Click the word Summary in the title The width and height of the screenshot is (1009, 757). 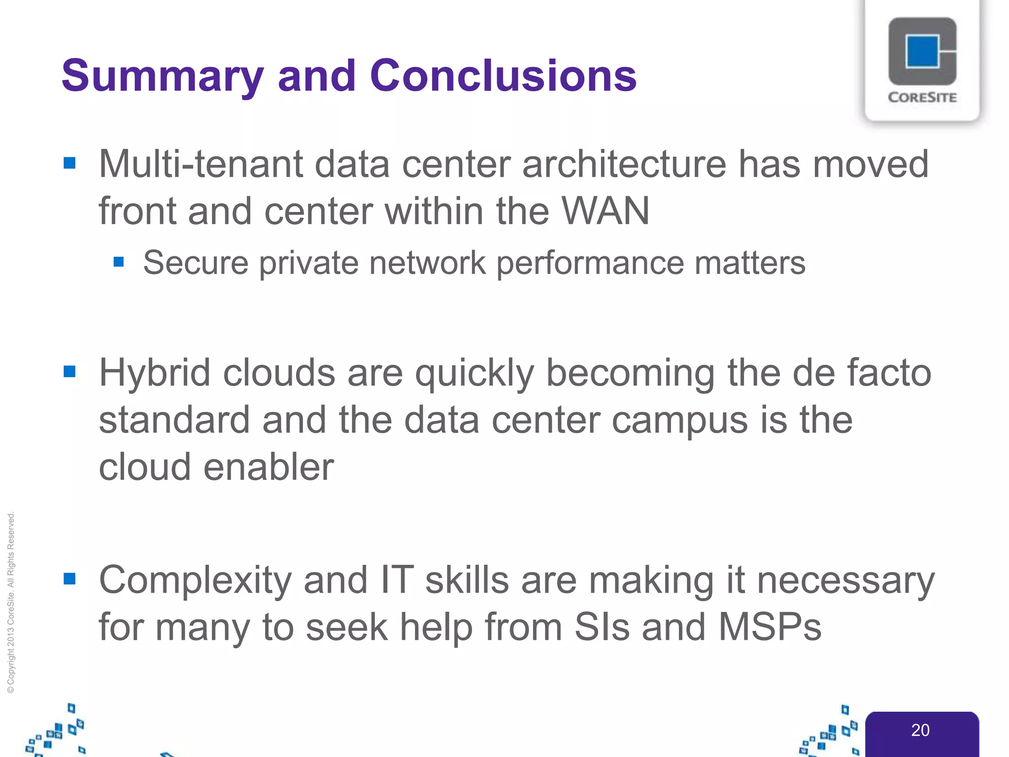[163, 76]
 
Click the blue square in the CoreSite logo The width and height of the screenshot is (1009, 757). [921, 51]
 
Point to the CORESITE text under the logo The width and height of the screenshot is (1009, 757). [922, 98]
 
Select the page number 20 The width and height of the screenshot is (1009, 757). [920, 730]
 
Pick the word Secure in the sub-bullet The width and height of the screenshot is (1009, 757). [196, 263]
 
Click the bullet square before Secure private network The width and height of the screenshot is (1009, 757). [119, 261]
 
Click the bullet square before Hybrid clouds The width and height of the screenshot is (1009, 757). [70, 371]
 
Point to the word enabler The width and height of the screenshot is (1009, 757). [269, 467]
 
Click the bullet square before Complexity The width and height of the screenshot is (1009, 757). [70, 579]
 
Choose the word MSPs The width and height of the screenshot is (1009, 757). [770, 627]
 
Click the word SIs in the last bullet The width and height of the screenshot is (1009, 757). [602, 627]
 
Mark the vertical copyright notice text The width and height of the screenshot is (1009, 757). [11, 602]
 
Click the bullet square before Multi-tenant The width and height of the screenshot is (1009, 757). [70, 163]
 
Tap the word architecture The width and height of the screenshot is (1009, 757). [624, 164]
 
